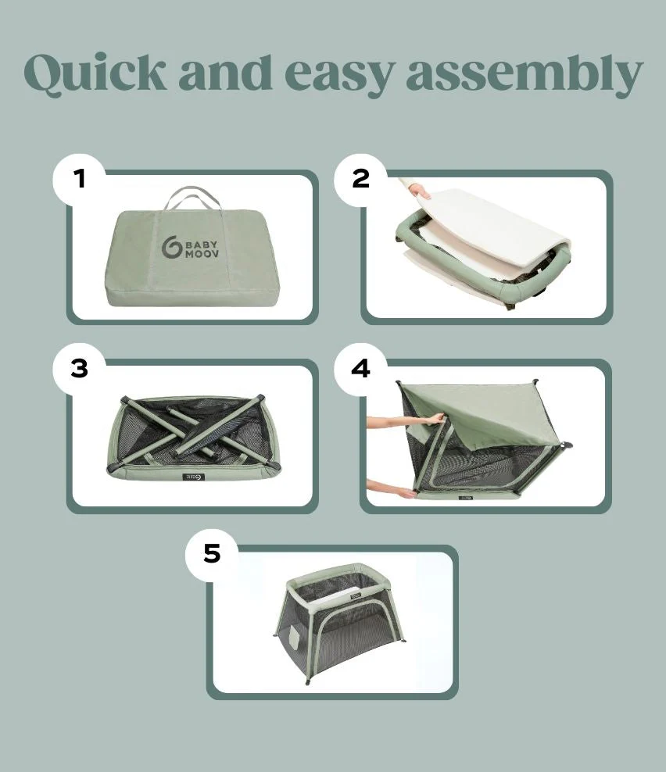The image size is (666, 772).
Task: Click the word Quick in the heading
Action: click(95, 73)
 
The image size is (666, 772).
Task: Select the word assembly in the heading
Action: click(525, 74)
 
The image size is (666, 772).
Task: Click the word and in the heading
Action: click(225, 72)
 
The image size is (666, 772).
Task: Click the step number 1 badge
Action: click(79, 179)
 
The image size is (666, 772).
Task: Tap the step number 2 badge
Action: click(360, 179)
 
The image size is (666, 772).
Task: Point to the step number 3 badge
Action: click(79, 368)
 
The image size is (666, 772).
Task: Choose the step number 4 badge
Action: click(360, 368)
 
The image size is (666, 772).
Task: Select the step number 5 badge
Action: click(212, 554)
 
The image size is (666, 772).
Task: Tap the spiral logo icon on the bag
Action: click(171, 247)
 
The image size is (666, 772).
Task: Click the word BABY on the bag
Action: click(202, 245)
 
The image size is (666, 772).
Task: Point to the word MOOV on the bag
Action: click(202, 254)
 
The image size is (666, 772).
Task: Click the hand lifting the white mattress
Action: click(419, 191)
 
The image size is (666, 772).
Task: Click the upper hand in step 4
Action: click(434, 419)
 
